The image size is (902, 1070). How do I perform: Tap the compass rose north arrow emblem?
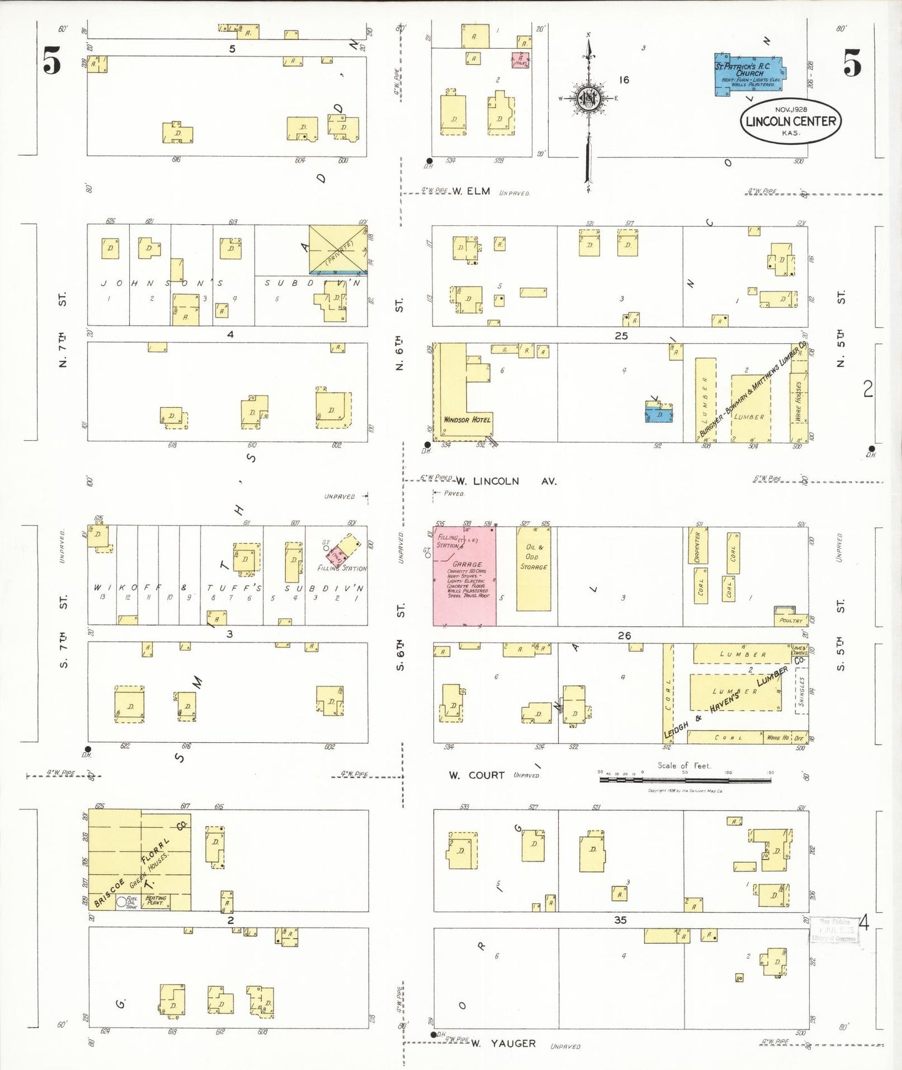click(x=588, y=99)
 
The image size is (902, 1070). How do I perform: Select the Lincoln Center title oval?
click(x=790, y=121)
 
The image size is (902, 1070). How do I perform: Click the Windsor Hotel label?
click(x=466, y=420)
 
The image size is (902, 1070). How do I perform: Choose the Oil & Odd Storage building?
click(x=534, y=568)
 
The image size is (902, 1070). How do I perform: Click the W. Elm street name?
click(x=471, y=191)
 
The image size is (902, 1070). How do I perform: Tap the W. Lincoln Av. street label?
click(x=506, y=481)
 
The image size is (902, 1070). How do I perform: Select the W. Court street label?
click(x=477, y=775)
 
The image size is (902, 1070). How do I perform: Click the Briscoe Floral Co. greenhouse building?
click(x=139, y=860)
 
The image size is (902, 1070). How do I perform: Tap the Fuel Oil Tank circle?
click(x=122, y=901)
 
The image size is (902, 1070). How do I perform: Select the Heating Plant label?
click(x=155, y=901)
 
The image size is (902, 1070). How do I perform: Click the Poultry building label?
click(x=791, y=621)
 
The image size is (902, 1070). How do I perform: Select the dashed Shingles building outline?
click(x=801, y=694)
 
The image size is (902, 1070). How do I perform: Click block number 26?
click(x=624, y=636)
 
